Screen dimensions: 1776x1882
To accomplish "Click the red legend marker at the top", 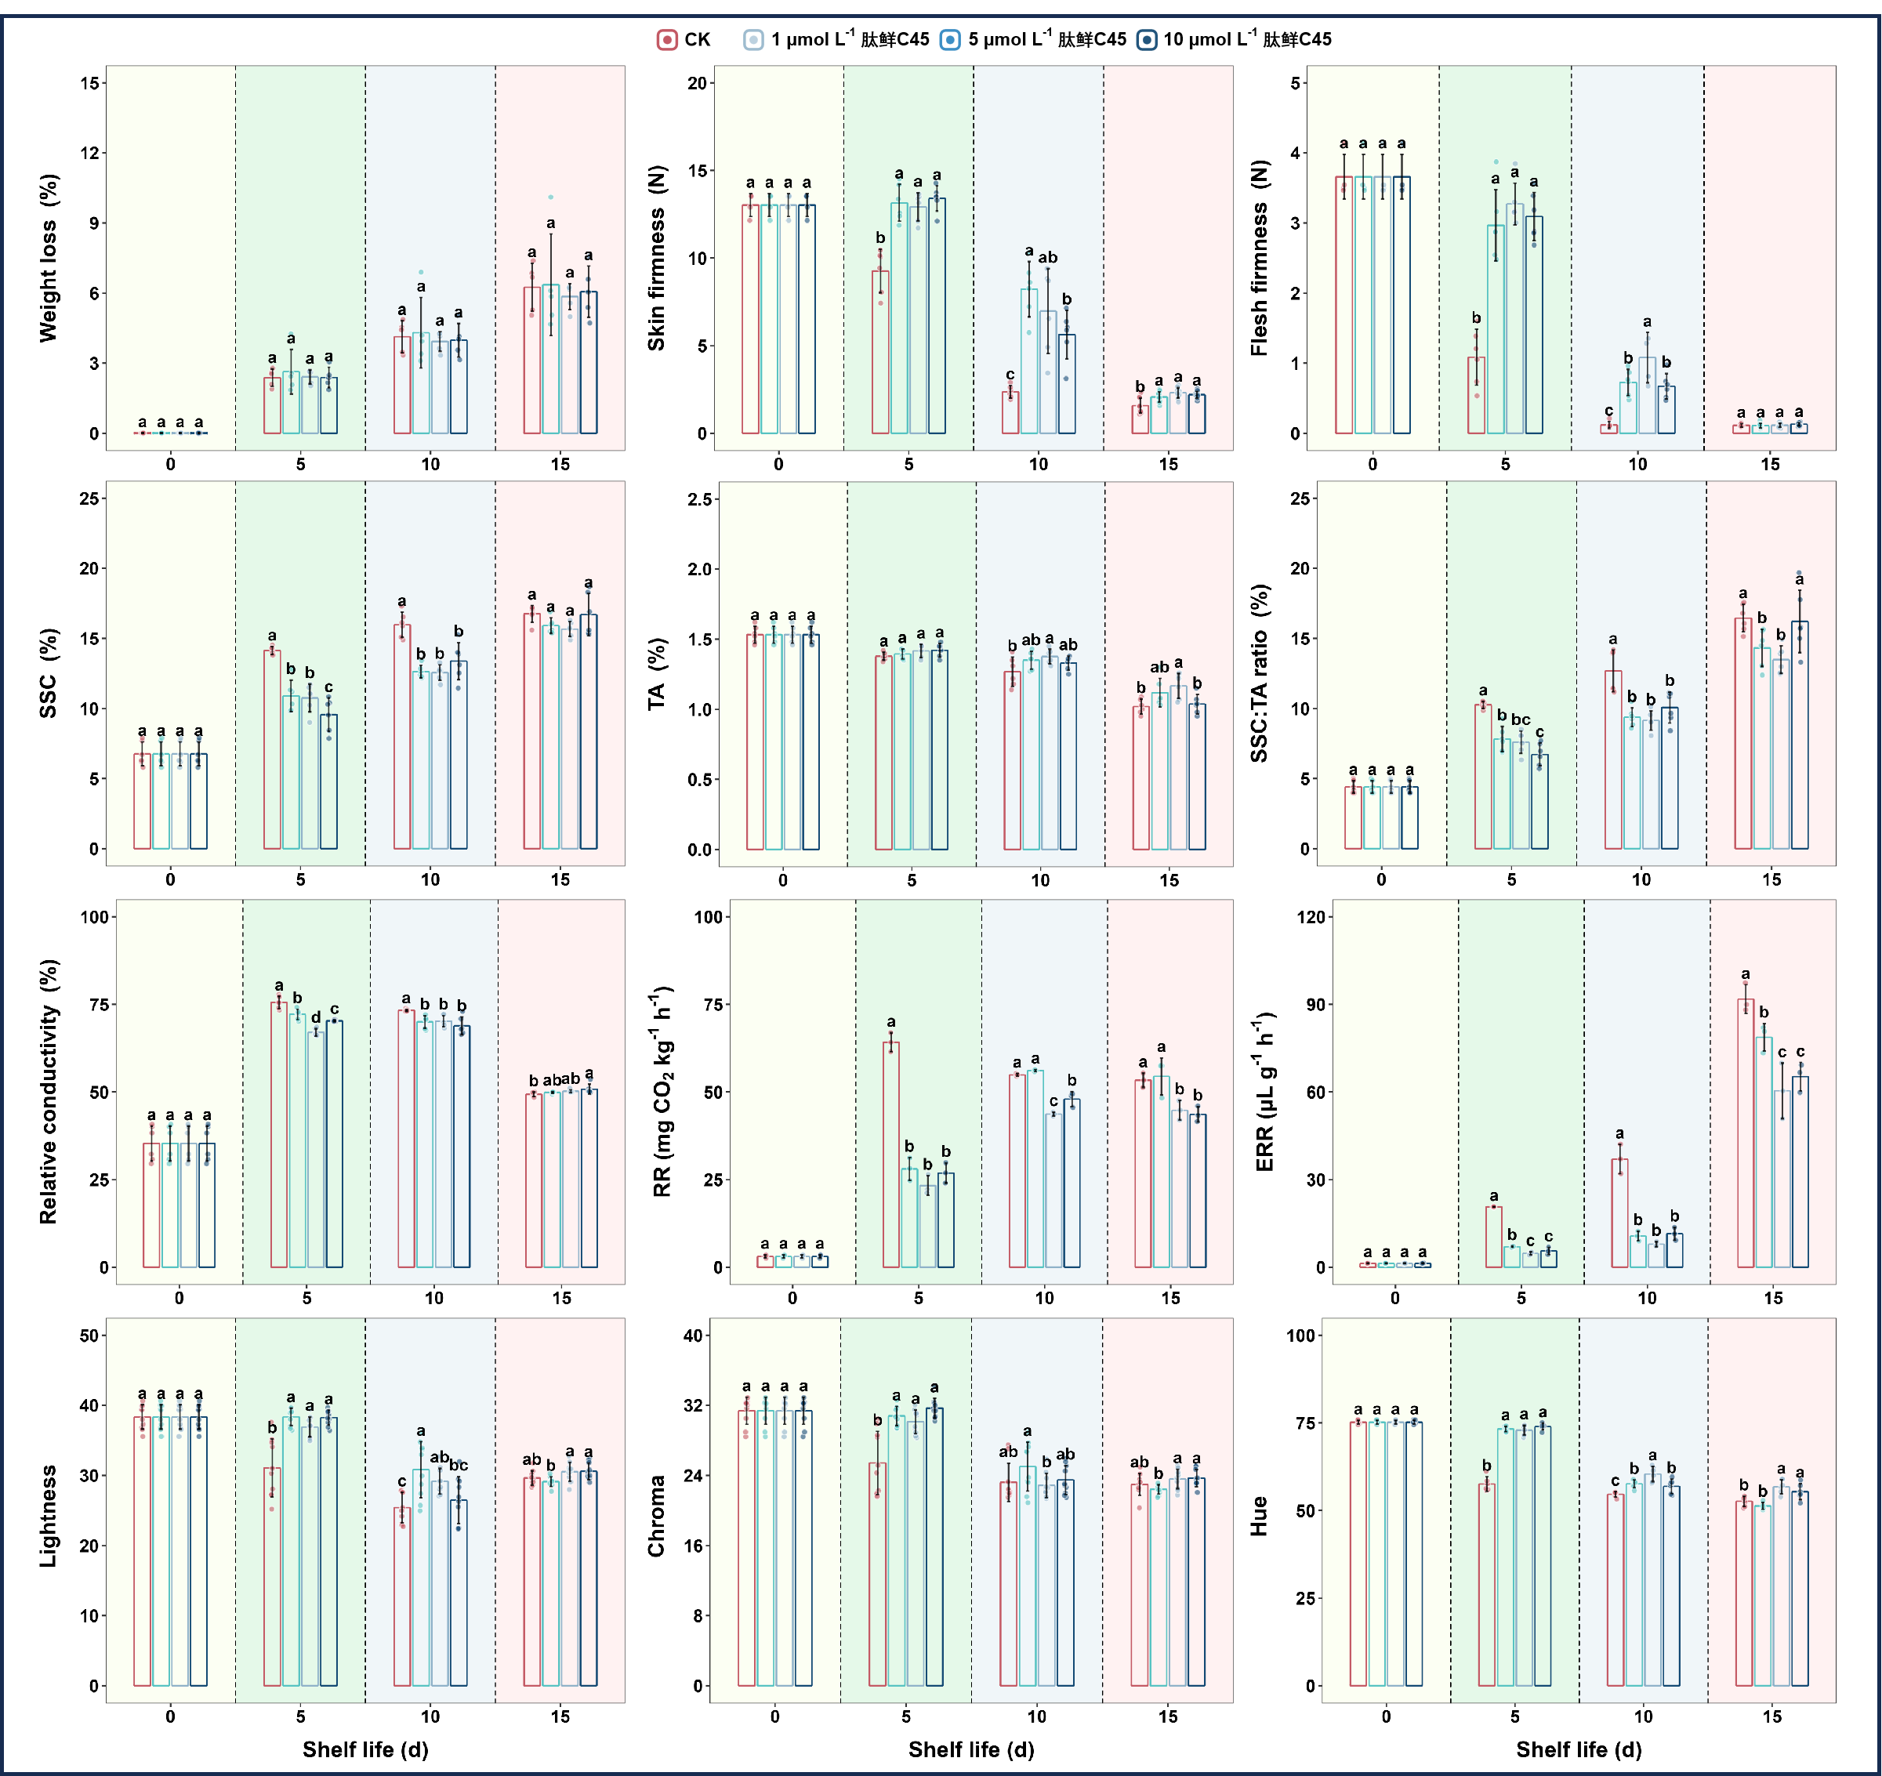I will (x=667, y=40).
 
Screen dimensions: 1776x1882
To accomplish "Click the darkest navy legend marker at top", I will (x=1147, y=40).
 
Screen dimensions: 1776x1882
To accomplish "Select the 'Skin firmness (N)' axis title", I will (x=656, y=258).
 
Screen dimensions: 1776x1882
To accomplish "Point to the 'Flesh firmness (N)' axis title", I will (x=1259, y=258).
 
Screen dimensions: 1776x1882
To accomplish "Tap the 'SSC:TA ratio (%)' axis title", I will (x=1259, y=673).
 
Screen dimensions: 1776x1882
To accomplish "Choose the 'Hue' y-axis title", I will (x=1259, y=1516).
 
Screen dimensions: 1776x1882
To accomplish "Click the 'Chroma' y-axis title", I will (x=656, y=1516).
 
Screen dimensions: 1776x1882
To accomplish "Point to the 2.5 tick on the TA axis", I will (x=701, y=499).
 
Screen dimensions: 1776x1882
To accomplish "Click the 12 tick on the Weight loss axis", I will (x=90, y=154).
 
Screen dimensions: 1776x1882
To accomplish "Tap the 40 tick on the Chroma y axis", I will (x=693, y=1336).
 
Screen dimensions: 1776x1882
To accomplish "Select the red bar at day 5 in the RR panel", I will (x=890, y=1155).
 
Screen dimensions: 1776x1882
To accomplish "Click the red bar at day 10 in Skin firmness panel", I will (x=1010, y=413).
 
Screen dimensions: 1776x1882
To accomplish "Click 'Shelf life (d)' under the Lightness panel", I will (x=365, y=1749).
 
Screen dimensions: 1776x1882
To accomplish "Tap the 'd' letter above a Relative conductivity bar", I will (x=316, y=1017).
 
